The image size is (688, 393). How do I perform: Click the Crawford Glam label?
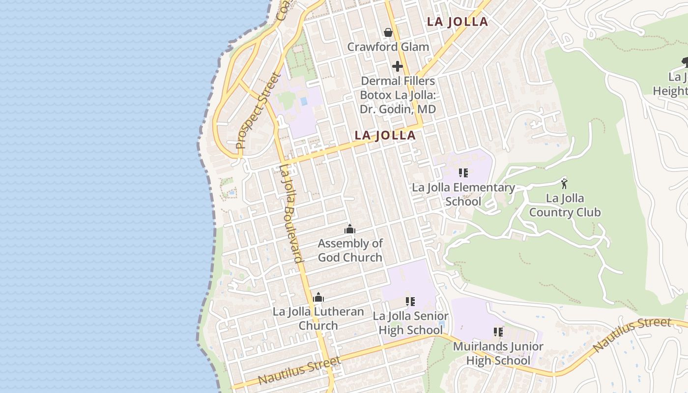point(388,47)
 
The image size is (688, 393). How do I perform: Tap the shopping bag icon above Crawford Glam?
point(388,33)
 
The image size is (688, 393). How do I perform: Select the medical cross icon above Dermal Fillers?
point(398,66)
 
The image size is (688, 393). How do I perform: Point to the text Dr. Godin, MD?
point(398,109)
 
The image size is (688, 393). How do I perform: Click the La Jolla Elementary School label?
point(463,195)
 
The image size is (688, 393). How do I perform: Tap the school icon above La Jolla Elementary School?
point(463,173)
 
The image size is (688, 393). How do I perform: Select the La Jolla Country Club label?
point(565,205)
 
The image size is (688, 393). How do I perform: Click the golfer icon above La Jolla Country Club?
point(564,184)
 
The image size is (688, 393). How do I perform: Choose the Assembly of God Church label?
point(350,250)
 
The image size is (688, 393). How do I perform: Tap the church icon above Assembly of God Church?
point(350,229)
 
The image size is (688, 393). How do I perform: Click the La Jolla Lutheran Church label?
point(318,318)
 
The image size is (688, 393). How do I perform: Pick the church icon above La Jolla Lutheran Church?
point(318,297)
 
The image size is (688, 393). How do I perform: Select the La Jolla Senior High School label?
point(410,323)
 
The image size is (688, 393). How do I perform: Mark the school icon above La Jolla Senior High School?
point(410,301)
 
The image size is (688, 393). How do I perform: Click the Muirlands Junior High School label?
point(498,353)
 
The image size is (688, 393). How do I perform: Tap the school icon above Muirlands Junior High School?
point(498,332)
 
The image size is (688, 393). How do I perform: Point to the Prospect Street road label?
point(258,111)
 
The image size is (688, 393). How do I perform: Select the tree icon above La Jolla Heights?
point(685,62)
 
